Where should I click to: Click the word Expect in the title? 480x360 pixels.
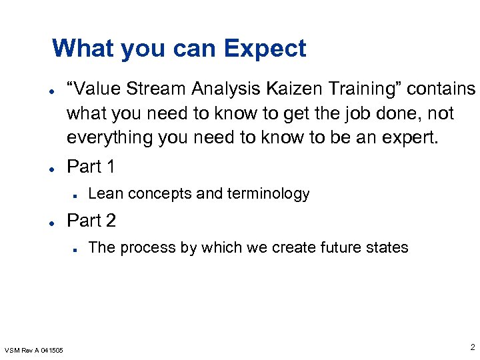[x=265, y=49]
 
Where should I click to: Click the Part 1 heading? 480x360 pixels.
[x=91, y=167]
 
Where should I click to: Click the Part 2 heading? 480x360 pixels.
[x=91, y=220]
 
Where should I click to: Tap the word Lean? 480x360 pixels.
[x=105, y=194]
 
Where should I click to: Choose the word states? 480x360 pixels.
[x=387, y=247]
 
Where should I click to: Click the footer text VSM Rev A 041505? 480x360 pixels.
[x=34, y=350]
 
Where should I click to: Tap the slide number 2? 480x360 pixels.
[x=471, y=347]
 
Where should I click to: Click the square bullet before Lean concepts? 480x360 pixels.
[x=77, y=195]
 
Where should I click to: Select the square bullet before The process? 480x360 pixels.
[x=77, y=249]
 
